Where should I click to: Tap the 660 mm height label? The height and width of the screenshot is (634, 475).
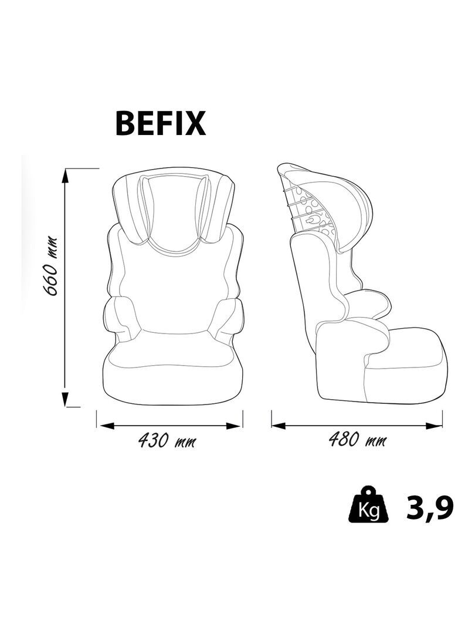point(52,266)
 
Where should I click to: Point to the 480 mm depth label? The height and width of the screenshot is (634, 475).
point(357,440)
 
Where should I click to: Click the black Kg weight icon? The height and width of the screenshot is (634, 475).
point(369,504)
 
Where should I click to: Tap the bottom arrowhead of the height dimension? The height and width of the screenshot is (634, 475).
point(65,398)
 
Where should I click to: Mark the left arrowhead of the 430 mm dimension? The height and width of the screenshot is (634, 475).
point(106,426)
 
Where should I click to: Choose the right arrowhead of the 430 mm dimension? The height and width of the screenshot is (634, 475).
point(234,426)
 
